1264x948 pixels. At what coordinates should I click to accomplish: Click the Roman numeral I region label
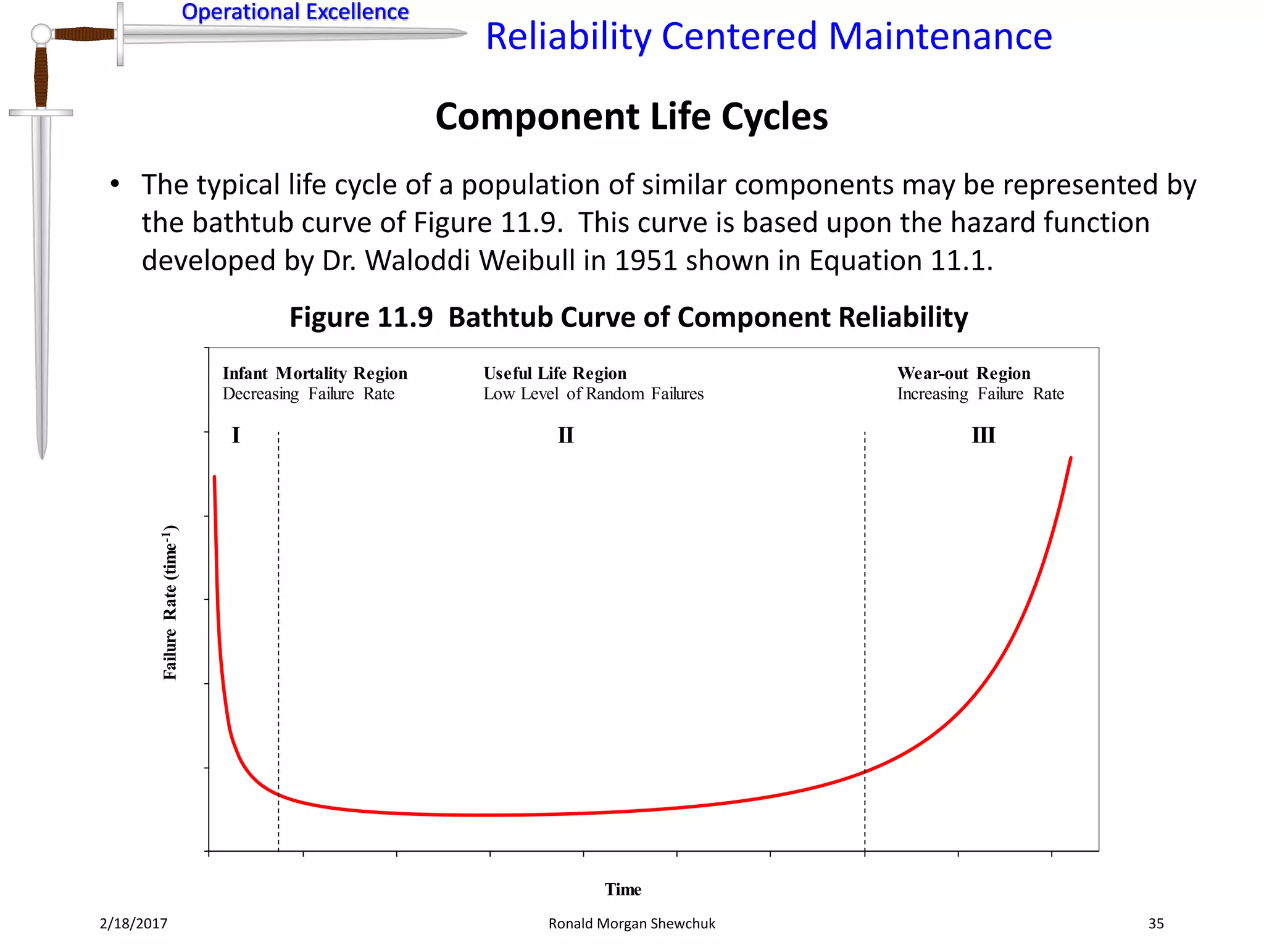(x=236, y=435)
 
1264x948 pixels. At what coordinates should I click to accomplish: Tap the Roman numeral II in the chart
(x=565, y=435)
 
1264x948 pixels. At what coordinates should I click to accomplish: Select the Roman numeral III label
(x=983, y=435)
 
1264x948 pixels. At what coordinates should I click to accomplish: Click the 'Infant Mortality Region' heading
(x=315, y=373)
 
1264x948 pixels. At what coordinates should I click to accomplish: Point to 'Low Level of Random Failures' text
(x=593, y=394)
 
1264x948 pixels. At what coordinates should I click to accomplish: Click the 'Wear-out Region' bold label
(x=963, y=373)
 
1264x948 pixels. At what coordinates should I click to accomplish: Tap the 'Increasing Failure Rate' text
(x=980, y=394)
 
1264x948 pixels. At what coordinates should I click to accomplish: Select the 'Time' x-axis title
(x=623, y=889)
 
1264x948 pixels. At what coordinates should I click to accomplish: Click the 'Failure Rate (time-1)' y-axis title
(x=170, y=602)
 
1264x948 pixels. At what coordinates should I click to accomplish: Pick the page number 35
(x=1155, y=923)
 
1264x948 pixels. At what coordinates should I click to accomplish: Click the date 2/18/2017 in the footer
(x=133, y=923)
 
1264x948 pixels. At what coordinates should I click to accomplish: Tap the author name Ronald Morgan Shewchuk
(x=631, y=923)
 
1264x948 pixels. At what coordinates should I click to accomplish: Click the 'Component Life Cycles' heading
(x=631, y=117)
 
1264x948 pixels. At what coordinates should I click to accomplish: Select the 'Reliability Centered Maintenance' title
(x=768, y=36)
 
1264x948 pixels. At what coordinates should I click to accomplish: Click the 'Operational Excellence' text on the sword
(x=295, y=12)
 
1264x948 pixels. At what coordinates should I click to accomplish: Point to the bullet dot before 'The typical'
(x=115, y=184)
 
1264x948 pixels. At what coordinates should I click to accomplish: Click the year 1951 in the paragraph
(x=646, y=260)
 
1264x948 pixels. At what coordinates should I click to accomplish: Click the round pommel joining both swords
(x=41, y=34)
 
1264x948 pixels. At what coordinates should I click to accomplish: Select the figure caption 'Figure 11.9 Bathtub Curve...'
(x=628, y=317)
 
